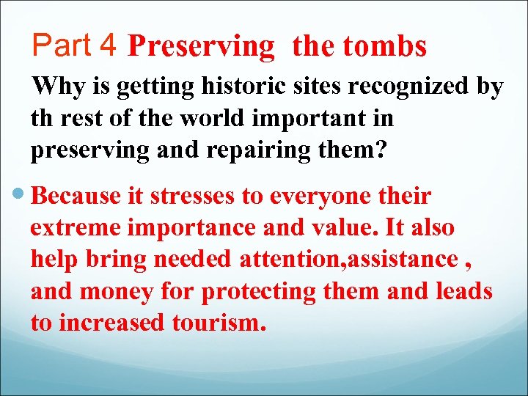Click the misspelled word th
tap(40, 118)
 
